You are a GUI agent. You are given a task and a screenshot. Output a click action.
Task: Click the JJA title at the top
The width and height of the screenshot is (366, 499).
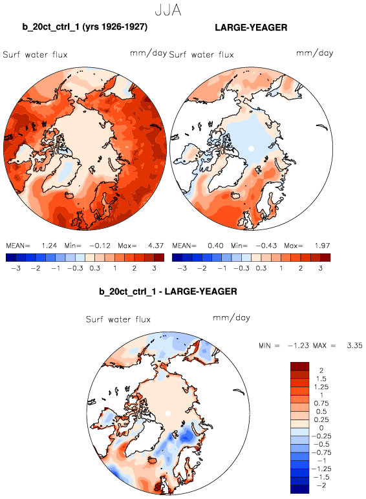click(168, 10)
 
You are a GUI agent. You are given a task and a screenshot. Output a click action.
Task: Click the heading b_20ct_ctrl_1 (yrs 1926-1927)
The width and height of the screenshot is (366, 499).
click(85, 27)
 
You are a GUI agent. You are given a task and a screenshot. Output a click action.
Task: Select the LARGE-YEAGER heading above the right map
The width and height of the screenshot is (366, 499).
click(251, 27)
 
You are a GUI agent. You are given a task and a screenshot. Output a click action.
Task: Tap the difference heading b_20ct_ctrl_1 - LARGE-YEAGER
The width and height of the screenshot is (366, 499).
click(168, 291)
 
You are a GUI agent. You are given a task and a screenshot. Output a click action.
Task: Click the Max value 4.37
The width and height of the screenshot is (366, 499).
click(156, 246)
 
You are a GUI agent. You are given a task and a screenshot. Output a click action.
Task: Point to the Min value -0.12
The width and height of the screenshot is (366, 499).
click(100, 246)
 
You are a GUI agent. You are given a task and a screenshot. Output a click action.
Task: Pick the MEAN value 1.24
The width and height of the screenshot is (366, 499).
click(49, 246)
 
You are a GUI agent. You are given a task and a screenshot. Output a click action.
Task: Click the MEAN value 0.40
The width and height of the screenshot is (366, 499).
click(215, 246)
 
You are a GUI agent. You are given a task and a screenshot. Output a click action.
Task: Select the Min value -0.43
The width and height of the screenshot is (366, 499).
click(266, 246)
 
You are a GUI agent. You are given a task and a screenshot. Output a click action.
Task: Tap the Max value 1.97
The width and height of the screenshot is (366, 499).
click(323, 246)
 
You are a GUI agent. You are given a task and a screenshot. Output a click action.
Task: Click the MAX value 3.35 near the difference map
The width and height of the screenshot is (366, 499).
click(354, 346)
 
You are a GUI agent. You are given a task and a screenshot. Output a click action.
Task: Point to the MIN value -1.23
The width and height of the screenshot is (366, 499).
click(298, 346)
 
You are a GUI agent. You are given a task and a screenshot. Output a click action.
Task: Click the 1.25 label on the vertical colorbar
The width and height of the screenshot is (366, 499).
click(321, 387)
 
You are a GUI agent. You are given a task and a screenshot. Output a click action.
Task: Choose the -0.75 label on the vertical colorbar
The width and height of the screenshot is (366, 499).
click(321, 452)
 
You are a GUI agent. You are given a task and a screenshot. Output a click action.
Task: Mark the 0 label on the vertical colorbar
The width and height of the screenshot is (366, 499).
click(321, 428)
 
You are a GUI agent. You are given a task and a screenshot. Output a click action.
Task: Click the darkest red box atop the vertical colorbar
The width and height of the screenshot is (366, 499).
click(299, 366)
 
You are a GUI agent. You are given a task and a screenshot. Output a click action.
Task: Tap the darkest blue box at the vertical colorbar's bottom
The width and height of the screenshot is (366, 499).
click(299, 489)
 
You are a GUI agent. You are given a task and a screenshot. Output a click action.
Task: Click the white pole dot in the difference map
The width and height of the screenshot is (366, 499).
click(168, 413)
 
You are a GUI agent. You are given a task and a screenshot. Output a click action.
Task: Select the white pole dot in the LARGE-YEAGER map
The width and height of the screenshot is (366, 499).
click(251, 148)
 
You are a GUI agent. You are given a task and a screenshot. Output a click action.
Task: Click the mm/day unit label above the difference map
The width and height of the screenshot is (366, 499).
click(231, 318)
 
